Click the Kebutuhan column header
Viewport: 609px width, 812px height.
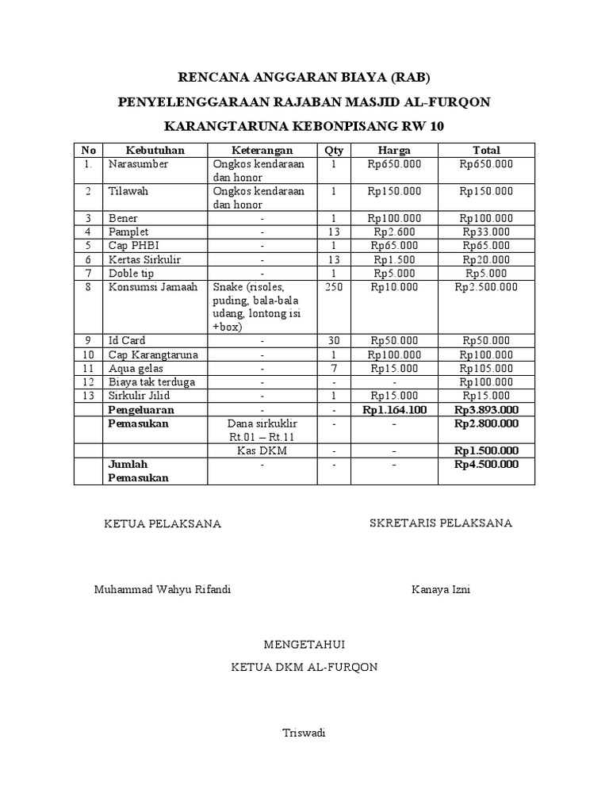click(x=155, y=150)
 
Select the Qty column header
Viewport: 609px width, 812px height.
click(x=334, y=150)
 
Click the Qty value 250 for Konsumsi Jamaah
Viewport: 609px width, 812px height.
click(x=334, y=287)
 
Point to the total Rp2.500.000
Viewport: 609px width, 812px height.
click(x=486, y=287)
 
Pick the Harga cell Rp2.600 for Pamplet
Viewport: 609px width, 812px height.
click(x=394, y=232)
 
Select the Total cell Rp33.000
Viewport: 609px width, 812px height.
click(x=486, y=232)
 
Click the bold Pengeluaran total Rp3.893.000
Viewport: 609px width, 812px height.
click(x=486, y=410)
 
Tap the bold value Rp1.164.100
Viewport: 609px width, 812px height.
click(x=394, y=410)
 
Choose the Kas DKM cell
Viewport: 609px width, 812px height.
click(x=262, y=450)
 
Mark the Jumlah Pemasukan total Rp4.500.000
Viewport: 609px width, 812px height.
click(x=486, y=464)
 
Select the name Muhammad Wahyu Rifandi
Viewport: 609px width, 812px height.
click(x=163, y=590)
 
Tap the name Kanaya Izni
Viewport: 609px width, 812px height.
click(x=441, y=590)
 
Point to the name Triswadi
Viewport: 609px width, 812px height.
click(x=304, y=733)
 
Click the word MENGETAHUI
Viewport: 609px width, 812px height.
click(x=304, y=643)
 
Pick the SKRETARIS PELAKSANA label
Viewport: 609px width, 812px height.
click(x=441, y=523)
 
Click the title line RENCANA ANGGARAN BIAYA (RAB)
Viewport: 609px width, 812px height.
click(x=304, y=77)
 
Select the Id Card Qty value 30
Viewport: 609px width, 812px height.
click(x=334, y=341)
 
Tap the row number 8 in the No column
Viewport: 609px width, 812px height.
click(x=90, y=287)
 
